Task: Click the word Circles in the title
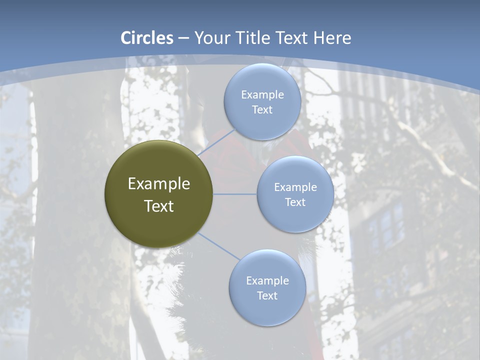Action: [147, 38]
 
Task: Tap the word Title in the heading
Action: [257, 38]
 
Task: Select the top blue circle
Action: [262, 80]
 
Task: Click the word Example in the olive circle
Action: [159, 184]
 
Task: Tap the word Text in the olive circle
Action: [159, 206]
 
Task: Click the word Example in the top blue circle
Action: [262, 94]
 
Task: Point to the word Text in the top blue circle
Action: [262, 109]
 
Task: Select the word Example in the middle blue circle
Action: [295, 187]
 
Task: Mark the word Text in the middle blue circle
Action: [295, 202]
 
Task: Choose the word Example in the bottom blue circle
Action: [267, 280]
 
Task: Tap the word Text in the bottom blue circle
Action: [267, 295]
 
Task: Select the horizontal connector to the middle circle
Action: [235, 194]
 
